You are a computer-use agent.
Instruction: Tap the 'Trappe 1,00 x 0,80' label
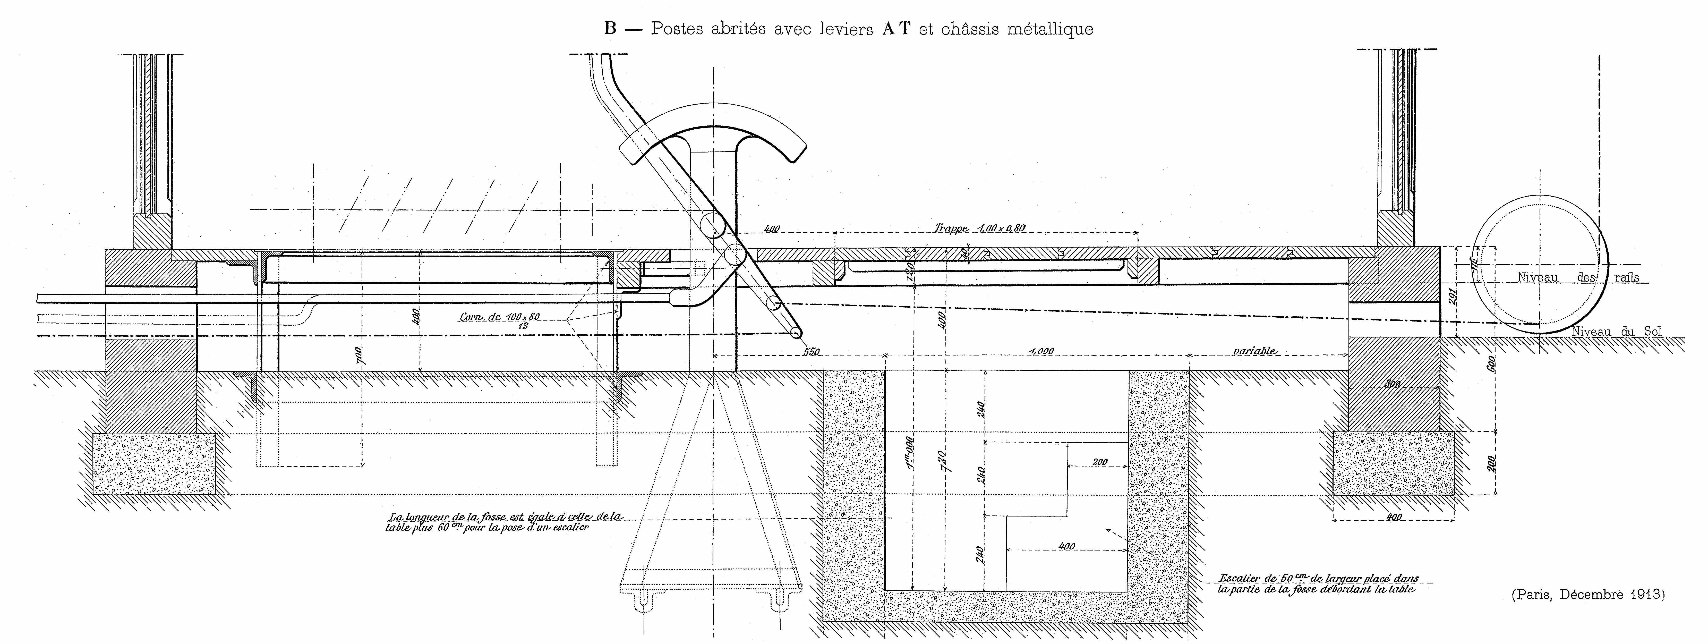click(980, 228)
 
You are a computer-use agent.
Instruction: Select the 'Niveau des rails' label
click(1578, 277)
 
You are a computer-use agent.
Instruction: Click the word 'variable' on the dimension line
click(1254, 351)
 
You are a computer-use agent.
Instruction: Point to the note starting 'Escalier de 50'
click(1316, 583)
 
